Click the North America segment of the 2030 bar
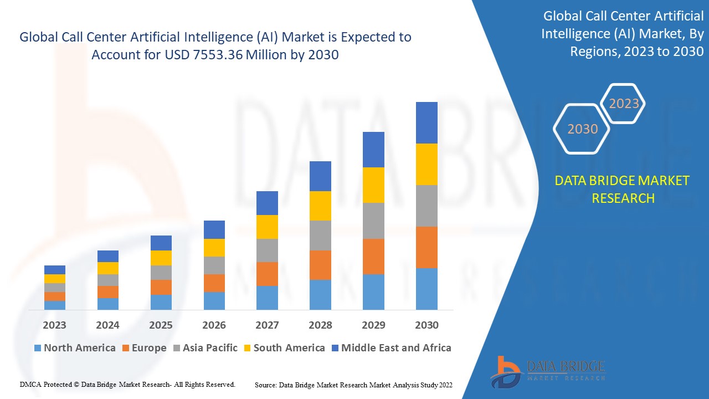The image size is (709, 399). pos(427,289)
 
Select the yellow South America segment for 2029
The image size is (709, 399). pos(373,185)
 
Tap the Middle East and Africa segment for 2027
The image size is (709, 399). pos(267,203)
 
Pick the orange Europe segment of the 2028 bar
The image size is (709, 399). pos(320,265)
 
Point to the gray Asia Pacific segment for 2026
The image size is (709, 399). pos(214,265)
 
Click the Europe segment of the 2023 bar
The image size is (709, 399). pos(55,296)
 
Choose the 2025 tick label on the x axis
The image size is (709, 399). pos(161,325)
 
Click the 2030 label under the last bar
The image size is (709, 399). pos(427,325)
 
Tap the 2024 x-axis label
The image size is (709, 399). pos(107,325)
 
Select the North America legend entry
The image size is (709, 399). pos(75,348)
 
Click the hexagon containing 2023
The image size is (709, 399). pos(624,104)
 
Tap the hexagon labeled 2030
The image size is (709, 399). pos(582,129)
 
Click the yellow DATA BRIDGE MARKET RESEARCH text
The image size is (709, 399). pos(623,189)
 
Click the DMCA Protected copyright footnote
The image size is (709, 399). pos(127,384)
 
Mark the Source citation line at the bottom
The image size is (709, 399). pos(353,385)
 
